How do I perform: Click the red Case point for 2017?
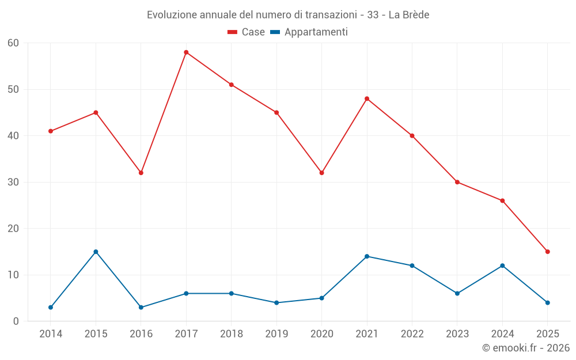point(186,52)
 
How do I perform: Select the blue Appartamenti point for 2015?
point(96,252)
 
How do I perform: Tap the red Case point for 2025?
point(547,252)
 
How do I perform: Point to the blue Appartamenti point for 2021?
point(367,256)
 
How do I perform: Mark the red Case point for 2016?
point(141,173)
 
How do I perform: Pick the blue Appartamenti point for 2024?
point(502,266)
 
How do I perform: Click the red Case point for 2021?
point(367,98)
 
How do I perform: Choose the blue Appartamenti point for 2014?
point(51,308)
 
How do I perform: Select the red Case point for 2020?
point(321,173)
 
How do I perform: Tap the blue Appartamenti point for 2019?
point(276,303)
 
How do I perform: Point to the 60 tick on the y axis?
point(13,43)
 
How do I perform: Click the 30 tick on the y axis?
point(13,183)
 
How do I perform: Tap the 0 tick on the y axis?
point(16,321)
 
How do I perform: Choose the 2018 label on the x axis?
point(231,334)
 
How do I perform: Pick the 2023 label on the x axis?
point(457,334)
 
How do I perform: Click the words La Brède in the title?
point(408,15)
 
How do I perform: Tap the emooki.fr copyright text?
point(525,348)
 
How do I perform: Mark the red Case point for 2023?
point(457,182)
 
